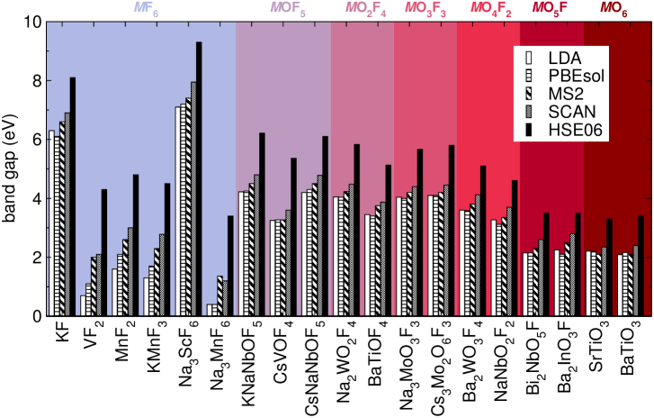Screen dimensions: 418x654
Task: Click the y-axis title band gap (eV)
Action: (11, 168)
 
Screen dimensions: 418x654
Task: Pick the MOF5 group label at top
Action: (282, 8)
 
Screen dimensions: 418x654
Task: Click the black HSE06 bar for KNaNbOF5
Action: (262, 224)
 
